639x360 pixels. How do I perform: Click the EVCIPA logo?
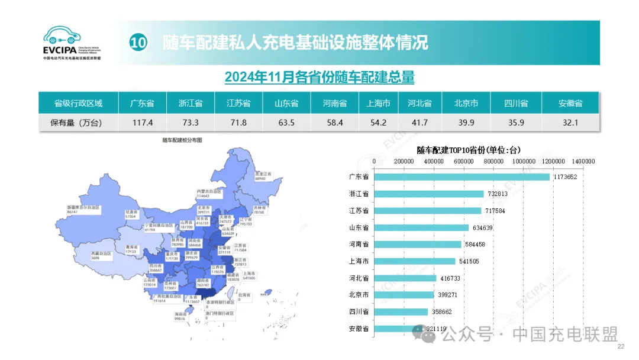[70, 43]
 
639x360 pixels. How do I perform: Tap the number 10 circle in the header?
[138, 43]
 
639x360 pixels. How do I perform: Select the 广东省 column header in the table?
[142, 103]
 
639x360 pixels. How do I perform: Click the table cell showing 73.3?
[191, 123]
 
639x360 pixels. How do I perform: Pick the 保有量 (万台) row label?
[78, 123]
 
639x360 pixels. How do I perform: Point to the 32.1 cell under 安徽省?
[570, 123]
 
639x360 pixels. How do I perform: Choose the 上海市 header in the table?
[378, 103]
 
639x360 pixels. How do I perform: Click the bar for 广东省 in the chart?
[461, 177]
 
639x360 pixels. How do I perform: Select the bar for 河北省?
[405, 278]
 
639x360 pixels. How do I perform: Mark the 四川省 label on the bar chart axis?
[359, 311]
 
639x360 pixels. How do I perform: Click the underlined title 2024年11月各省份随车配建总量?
[319, 77]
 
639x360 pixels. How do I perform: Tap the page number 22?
[621, 347]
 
